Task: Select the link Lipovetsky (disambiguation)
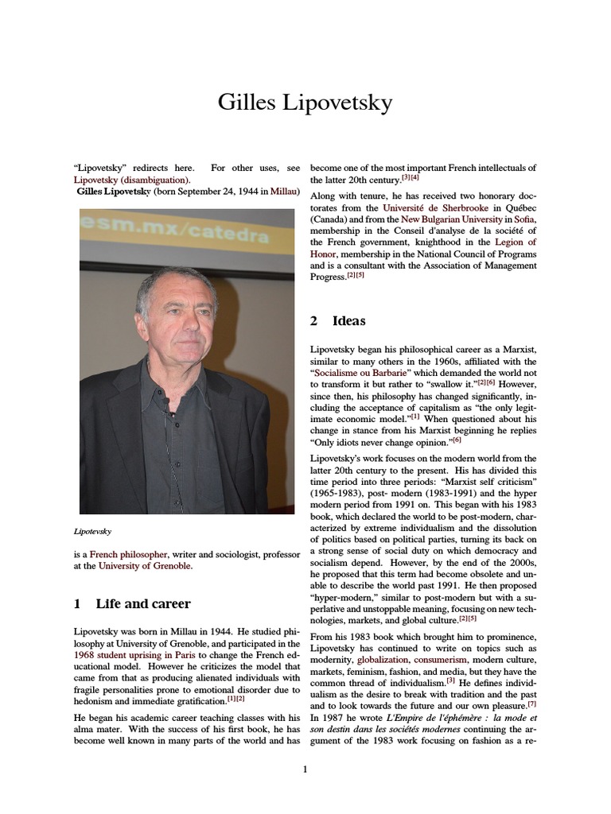pos(131,180)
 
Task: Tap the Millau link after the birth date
pos(285,192)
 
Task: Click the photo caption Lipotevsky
pos(92,529)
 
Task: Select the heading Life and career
pos(142,603)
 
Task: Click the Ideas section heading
pos(349,321)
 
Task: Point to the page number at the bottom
pos(305,769)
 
